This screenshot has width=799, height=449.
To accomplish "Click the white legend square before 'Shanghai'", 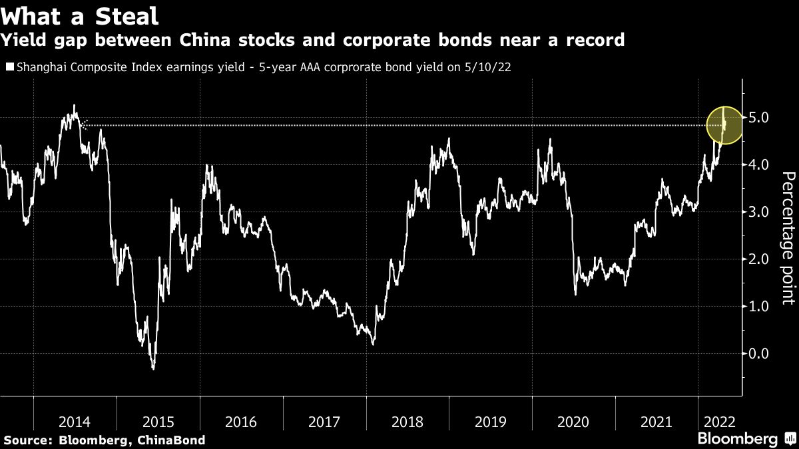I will tap(9, 67).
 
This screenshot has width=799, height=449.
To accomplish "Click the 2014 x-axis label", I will tap(75, 421).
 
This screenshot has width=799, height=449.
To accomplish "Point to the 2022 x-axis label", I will tap(720, 421).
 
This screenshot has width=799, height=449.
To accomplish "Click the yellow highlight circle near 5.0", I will tap(724, 125).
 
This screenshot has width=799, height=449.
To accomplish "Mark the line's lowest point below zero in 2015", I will tap(153, 369).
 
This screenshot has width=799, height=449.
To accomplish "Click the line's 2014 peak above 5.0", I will tap(74, 105).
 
